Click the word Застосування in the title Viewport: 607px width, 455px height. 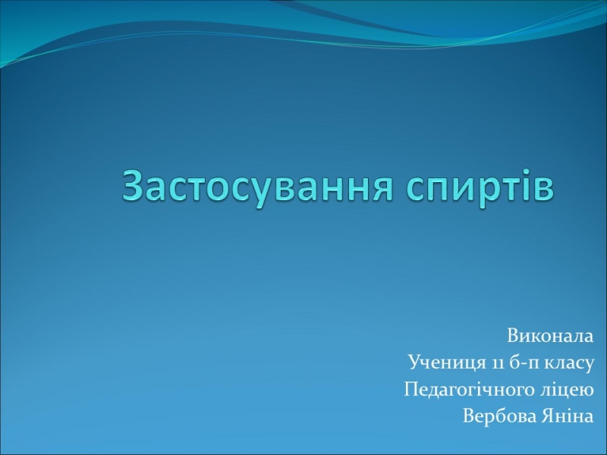tap(256, 187)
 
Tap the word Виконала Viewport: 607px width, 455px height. tap(550, 336)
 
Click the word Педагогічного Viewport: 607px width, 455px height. tap(469, 390)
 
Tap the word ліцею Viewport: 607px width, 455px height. tap(566, 390)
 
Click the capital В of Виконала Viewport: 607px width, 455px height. tap(513, 336)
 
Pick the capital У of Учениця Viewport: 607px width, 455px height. tap(416, 363)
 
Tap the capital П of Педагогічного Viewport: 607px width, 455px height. tap(412, 390)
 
